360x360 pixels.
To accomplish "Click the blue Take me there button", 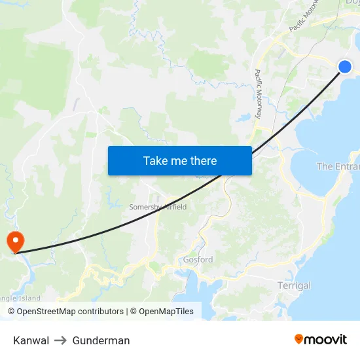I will point(179,160).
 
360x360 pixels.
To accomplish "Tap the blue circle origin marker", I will point(345,66).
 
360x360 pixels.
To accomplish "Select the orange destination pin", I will point(14,241).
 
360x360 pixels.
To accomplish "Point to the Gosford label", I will point(198,260).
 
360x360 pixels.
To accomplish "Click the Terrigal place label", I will point(294,285).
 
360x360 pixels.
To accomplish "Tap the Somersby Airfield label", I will point(158,207).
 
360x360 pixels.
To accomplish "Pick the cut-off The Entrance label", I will point(338,167).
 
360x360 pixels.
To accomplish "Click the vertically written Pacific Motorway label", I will point(258,94).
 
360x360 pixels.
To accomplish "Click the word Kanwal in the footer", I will point(31,340).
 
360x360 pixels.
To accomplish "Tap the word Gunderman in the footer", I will point(101,340).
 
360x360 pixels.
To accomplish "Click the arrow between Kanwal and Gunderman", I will point(61,340).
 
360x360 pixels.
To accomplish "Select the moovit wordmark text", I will point(325,340).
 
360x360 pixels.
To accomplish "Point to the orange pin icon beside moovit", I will point(299,339).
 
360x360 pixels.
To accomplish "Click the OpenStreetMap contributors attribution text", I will point(70,312).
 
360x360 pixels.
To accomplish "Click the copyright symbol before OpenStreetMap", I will point(12,312).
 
